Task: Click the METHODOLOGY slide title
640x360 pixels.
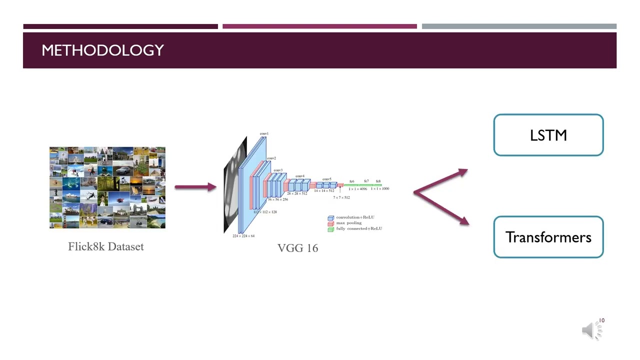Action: pos(102,50)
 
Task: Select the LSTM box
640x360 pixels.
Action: pos(548,135)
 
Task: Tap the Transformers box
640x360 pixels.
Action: pos(548,237)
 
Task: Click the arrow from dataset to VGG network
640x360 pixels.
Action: pos(195,187)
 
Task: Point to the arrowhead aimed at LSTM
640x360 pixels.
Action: pos(462,172)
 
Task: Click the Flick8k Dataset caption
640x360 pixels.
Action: pos(106,246)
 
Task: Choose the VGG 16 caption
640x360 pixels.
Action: pos(297,248)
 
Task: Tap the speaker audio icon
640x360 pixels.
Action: pos(590,330)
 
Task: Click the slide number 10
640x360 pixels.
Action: pos(602,320)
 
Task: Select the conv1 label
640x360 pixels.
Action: pos(264,133)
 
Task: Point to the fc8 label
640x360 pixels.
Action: pos(378,181)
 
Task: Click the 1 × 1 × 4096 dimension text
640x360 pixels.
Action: pos(357,189)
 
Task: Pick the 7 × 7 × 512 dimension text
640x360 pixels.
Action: pos(341,197)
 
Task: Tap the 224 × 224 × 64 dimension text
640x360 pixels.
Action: pos(243,236)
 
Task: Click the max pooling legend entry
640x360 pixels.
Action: pos(348,223)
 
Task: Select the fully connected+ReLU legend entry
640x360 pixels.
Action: pos(358,228)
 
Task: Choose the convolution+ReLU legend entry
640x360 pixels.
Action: pos(354,217)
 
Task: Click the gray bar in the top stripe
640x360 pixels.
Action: pos(519,26)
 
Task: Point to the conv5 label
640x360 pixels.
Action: pos(326,179)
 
